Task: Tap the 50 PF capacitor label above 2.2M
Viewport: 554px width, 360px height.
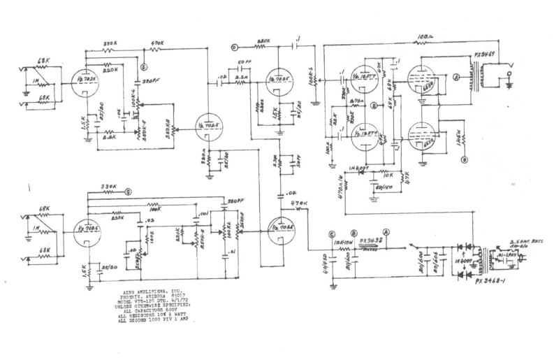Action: click(244, 63)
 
